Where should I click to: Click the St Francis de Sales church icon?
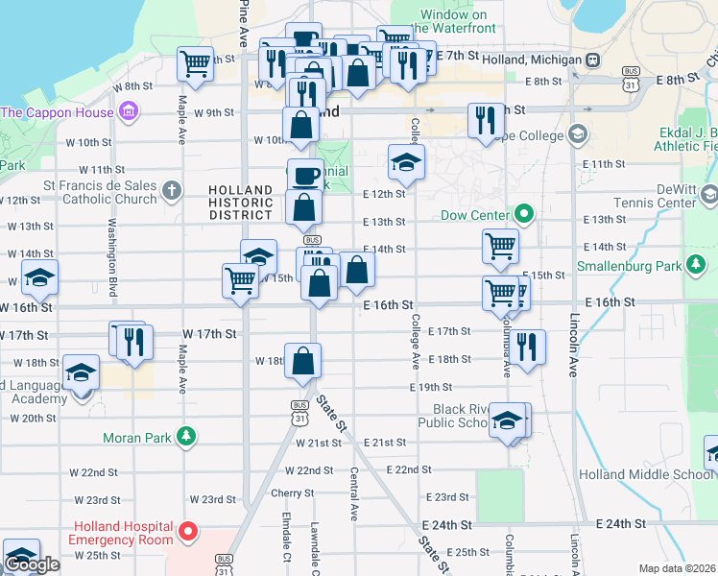pyautogui.click(x=171, y=189)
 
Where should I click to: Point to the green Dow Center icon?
pyautogui.click(x=524, y=214)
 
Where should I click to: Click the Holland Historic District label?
pyautogui.click(x=247, y=203)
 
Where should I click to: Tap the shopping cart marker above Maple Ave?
pyautogui.click(x=196, y=62)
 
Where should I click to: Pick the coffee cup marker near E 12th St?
pyautogui.click(x=305, y=175)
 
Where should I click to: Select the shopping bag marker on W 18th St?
pyautogui.click(x=302, y=361)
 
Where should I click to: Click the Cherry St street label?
pyautogui.click(x=293, y=492)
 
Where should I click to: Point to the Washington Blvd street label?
pyautogui.click(x=112, y=259)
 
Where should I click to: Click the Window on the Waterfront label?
pyautogui.click(x=459, y=21)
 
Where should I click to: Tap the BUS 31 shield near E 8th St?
pyautogui.click(x=631, y=78)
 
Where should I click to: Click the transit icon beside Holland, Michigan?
pyautogui.click(x=594, y=60)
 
